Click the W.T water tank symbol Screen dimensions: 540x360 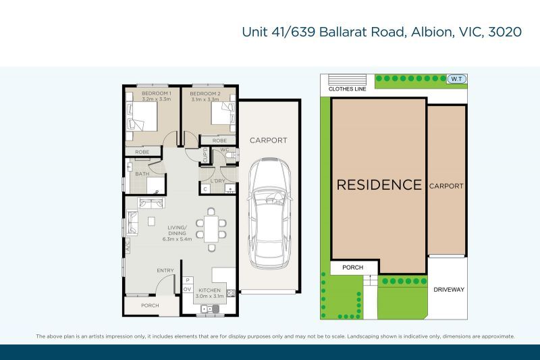457,79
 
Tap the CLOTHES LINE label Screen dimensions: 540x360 347,89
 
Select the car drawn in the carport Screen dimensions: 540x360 269,213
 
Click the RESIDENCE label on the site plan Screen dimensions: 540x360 379,184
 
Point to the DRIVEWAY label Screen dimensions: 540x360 449,290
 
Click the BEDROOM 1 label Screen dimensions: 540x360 157,93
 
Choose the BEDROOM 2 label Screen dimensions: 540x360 205,94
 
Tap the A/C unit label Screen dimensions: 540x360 127,246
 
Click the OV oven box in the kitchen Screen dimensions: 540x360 187,289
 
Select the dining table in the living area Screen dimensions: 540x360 211,229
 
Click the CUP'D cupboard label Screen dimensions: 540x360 205,155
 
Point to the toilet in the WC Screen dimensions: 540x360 232,155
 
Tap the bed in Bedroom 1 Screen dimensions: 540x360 142,116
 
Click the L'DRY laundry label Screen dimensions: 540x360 217,181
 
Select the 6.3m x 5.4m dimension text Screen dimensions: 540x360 177,239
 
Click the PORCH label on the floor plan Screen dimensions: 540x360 150,305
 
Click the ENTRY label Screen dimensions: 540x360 165,271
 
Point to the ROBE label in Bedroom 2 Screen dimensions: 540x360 219,140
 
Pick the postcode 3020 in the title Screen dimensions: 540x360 505,32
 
